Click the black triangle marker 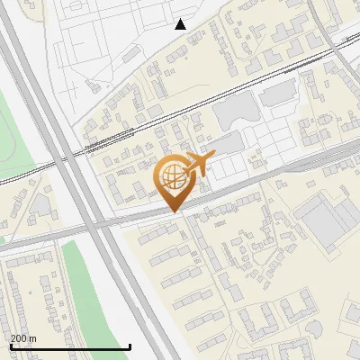181,24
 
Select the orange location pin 174,183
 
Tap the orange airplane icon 199,164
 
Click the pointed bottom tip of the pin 174,211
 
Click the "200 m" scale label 23,338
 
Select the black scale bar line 70,346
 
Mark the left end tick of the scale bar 10,345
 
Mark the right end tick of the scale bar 130,345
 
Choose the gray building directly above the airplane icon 229,142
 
